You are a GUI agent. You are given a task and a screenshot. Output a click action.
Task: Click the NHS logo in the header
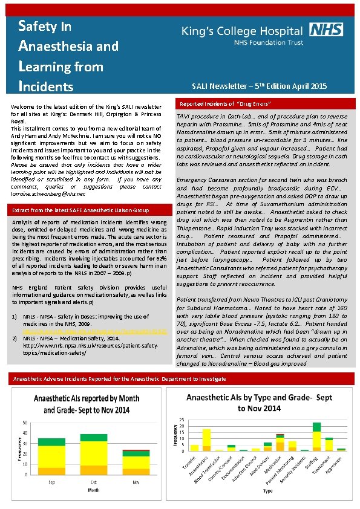point(326,30)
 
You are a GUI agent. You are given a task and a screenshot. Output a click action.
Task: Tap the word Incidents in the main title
point(46,86)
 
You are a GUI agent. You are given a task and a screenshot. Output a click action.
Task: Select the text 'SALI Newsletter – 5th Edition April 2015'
point(260,86)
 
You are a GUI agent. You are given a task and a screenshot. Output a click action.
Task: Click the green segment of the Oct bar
point(93,437)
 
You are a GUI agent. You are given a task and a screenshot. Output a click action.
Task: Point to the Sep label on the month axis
point(51,481)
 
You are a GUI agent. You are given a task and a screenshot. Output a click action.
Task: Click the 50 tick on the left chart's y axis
point(24,421)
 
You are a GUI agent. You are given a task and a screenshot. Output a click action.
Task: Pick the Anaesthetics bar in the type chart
point(207,440)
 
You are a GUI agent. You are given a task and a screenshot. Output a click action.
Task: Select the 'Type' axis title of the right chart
point(267,491)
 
